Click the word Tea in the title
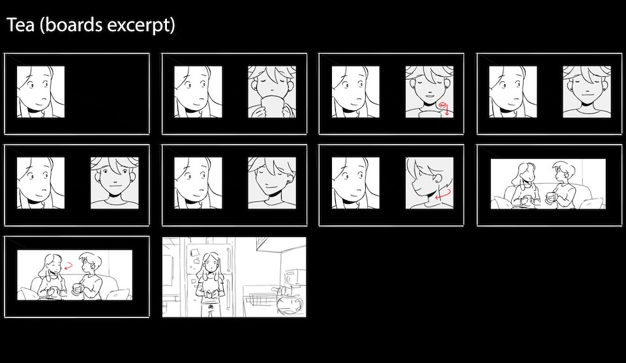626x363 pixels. [x=20, y=25]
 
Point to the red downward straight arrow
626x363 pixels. [x=447, y=110]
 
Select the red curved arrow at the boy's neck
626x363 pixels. [x=443, y=194]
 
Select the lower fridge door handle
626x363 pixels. [x=228, y=294]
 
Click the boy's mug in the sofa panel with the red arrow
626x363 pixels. [x=77, y=289]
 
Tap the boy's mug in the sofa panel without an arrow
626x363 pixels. [x=550, y=197]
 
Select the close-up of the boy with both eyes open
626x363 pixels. [x=115, y=183]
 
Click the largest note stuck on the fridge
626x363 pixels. [x=196, y=254]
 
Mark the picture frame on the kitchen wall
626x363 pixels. [x=263, y=243]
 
